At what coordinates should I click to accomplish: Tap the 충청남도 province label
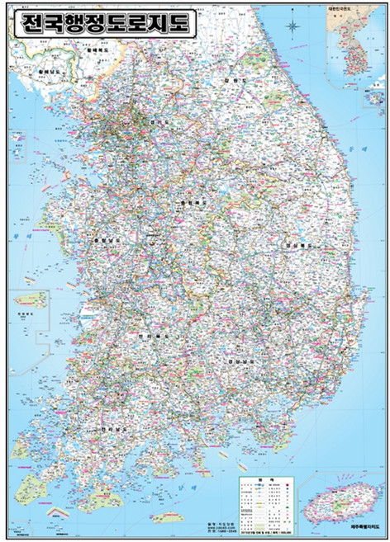108,241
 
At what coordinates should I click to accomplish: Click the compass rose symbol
295,28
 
